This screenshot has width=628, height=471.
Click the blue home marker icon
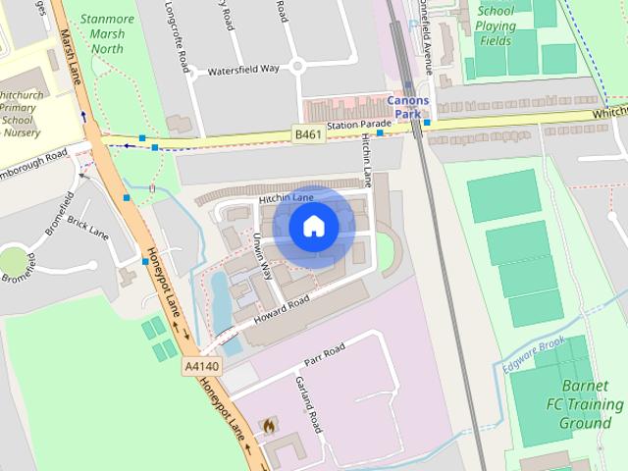(x=313, y=227)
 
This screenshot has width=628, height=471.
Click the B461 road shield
(x=308, y=133)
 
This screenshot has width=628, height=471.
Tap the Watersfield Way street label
(x=244, y=71)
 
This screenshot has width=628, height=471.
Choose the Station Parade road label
(x=359, y=126)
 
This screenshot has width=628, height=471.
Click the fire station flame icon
(x=269, y=426)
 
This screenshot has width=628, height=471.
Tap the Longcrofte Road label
(x=183, y=45)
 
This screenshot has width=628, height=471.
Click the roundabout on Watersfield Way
(x=298, y=66)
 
